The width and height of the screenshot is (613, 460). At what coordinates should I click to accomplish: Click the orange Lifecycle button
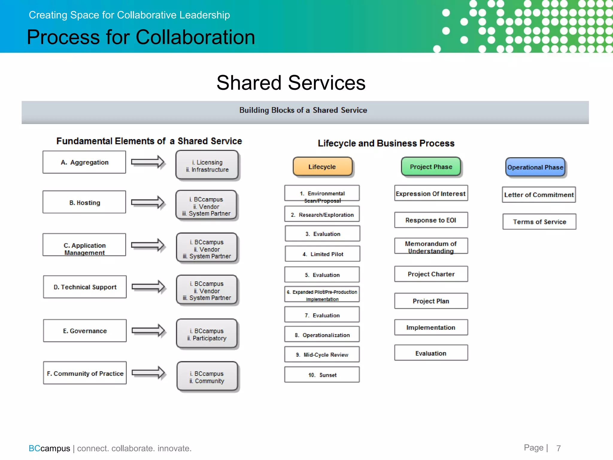tap(322, 167)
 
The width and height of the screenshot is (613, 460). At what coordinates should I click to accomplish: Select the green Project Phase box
tap(431, 167)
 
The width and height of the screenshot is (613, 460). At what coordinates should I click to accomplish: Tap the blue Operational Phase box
tap(535, 167)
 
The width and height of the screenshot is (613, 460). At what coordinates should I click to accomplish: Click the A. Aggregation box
tap(84, 162)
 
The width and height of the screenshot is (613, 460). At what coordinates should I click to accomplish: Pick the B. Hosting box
tap(84, 202)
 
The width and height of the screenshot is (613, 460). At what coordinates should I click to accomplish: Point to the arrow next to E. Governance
tap(148, 331)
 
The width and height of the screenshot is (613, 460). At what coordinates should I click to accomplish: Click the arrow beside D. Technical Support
tap(148, 287)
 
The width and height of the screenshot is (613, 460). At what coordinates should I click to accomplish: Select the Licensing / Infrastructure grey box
tap(207, 166)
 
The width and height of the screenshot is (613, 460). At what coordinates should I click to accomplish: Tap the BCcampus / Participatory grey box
tap(207, 334)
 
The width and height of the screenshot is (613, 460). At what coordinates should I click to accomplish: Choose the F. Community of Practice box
tap(85, 373)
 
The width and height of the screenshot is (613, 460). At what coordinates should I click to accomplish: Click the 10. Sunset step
tap(322, 375)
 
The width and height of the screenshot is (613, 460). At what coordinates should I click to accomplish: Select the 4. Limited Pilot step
tap(322, 254)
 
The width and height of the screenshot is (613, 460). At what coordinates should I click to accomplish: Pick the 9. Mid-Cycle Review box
tap(322, 355)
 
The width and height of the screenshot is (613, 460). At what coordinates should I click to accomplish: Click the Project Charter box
tap(431, 274)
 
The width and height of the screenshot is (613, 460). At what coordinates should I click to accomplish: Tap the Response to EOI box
tap(431, 220)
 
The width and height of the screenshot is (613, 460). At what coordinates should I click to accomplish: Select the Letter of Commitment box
tap(539, 195)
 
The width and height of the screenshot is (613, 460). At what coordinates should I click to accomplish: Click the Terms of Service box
tap(539, 222)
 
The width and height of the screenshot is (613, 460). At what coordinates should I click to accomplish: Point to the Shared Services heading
tap(291, 83)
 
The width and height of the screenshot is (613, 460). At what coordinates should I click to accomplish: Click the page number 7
tap(559, 448)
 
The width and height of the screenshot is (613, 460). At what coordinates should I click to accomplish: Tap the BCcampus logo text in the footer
tap(49, 448)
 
